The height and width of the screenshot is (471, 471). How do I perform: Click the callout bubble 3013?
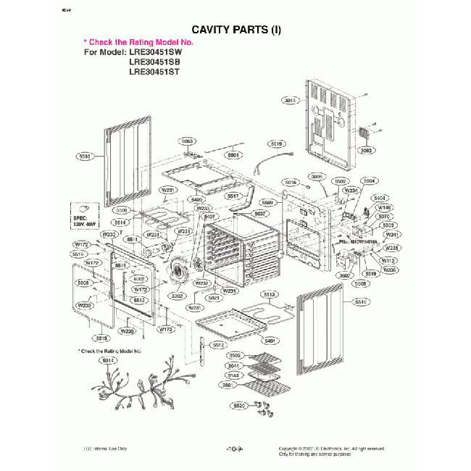point(291,100)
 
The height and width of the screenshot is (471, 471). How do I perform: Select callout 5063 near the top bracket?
point(187,141)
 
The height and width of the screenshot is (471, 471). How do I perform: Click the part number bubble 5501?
point(233,155)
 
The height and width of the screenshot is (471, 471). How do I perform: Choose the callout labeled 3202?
point(176,296)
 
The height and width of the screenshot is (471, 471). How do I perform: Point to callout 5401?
point(270,341)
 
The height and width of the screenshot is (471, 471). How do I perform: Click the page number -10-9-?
point(235,449)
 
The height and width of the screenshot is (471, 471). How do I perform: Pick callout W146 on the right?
point(383,207)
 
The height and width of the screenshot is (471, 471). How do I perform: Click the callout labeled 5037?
point(261,214)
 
